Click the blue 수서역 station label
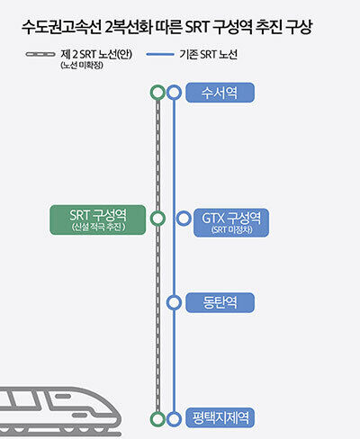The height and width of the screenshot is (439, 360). pyautogui.click(x=220, y=93)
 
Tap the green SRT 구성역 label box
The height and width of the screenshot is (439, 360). pyautogui.click(x=98, y=219)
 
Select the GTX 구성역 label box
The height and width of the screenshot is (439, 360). pyautogui.click(x=231, y=223)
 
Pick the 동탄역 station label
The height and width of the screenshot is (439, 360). pyautogui.click(x=220, y=302)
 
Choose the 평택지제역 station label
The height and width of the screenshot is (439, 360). pyautogui.click(x=220, y=417)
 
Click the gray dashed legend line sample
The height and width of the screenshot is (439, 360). pyautogui.click(x=40, y=54)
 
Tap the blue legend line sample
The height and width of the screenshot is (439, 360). pyautogui.click(x=160, y=54)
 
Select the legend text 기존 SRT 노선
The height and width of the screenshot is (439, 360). pyautogui.click(x=209, y=55)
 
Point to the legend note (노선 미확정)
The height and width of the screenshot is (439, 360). pyautogui.click(x=82, y=65)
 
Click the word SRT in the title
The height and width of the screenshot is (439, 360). pyautogui.click(x=197, y=27)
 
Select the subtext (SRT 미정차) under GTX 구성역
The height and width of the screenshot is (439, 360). pyautogui.click(x=231, y=229)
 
